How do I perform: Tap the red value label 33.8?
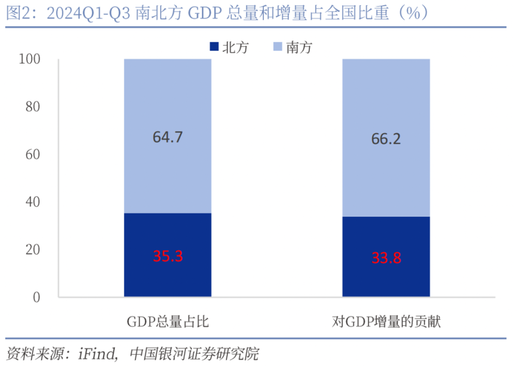(386, 257)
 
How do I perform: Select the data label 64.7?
(168, 138)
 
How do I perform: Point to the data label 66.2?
(386, 140)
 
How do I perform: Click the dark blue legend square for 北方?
(214, 47)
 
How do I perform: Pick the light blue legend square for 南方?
(277, 47)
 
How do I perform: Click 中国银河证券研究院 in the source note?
(194, 354)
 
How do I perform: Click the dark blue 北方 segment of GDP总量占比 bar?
(168, 279)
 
